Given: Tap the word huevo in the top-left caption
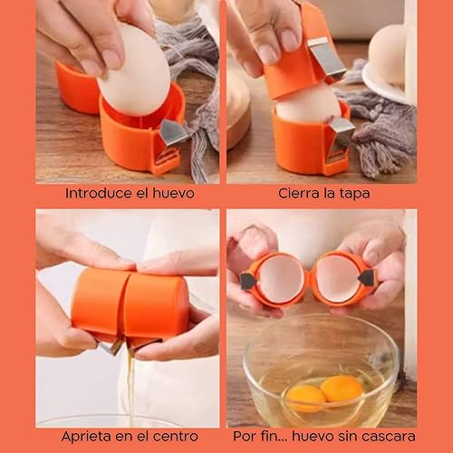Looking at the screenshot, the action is click(x=173, y=193).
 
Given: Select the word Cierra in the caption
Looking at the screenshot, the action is click(x=298, y=193).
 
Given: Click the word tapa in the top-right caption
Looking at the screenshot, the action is click(x=354, y=194).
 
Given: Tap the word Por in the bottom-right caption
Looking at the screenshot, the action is click(x=244, y=437).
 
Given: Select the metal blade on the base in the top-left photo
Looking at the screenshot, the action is click(x=171, y=132).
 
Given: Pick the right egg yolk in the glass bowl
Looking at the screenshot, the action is click(x=342, y=389).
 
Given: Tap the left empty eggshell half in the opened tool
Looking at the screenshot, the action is click(x=280, y=278).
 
